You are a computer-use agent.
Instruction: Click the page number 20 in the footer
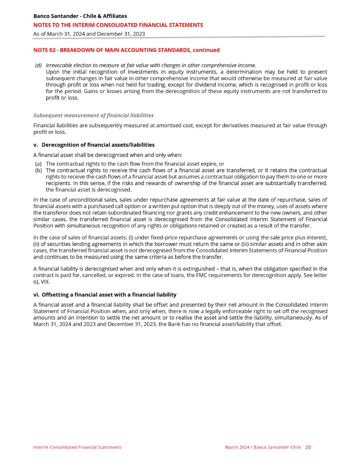coord(308,447)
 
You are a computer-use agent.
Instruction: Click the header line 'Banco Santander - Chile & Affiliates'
coord(80,16)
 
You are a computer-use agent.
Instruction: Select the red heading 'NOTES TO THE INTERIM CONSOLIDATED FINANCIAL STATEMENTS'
coord(118,25)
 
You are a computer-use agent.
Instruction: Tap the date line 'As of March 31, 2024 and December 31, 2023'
coord(89,34)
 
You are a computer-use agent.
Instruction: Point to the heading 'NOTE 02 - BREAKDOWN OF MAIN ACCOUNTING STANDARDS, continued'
coord(126,50)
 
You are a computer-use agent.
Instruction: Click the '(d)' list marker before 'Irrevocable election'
coord(38,65)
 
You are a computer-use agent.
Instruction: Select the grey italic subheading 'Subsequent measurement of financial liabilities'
coord(93,115)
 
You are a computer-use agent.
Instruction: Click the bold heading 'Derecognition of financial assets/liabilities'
coord(98,145)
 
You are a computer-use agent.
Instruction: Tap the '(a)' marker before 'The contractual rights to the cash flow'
coord(38,164)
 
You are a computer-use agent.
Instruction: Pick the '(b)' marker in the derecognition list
coord(38,170)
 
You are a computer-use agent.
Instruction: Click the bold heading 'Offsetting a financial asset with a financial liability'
coord(109,295)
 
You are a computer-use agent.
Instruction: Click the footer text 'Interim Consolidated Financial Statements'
coord(77,447)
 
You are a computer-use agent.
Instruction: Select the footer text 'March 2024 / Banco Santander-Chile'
coord(263,447)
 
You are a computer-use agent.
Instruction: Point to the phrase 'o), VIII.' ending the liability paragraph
coord(41,281)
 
